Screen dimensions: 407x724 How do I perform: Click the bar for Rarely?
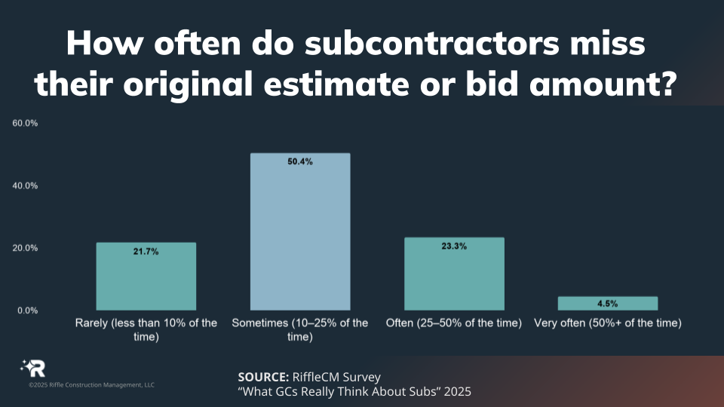click(146, 276)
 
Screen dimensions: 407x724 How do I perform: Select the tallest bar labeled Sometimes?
click(300, 231)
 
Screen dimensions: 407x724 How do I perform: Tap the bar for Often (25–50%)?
click(454, 274)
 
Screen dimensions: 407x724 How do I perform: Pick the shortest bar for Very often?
click(608, 303)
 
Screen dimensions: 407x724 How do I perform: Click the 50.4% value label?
click(300, 162)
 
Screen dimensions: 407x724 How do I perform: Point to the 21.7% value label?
click(146, 252)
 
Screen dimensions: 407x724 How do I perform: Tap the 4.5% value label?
click(608, 304)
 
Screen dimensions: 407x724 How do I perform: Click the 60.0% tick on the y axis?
click(25, 123)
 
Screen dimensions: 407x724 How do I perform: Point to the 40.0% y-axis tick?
click(25, 185)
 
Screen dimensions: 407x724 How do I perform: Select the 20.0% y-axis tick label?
click(25, 248)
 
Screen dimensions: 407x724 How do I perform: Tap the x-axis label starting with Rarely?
click(146, 329)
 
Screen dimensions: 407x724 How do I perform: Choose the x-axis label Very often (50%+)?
click(608, 323)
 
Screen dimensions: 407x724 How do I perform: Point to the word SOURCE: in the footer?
click(262, 377)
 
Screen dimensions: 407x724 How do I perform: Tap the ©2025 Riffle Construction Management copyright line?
click(91, 385)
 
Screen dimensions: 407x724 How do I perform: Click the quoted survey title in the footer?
click(354, 392)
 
